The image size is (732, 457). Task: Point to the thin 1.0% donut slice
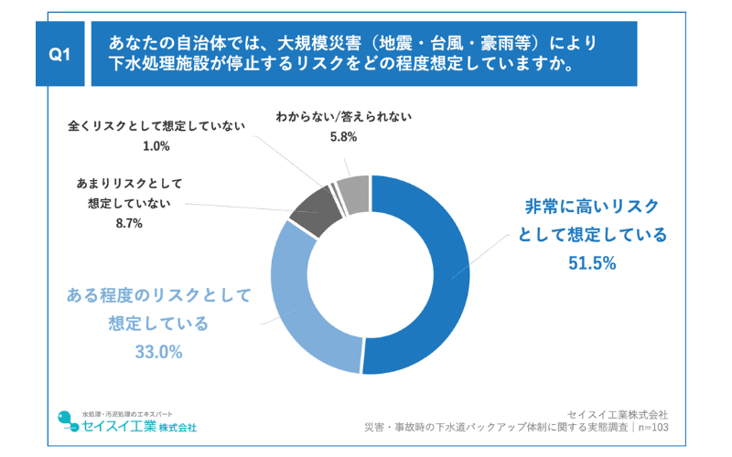[337, 194]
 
